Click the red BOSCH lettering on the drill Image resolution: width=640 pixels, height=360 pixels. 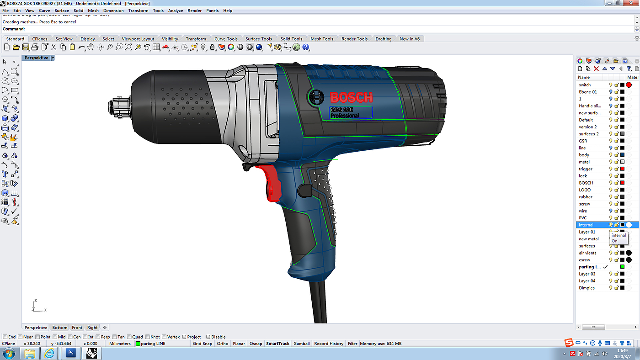point(351,98)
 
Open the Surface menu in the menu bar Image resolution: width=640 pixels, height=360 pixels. point(62,11)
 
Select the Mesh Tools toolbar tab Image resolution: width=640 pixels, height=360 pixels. point(322,39)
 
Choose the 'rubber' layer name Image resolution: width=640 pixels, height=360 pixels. point(586,197)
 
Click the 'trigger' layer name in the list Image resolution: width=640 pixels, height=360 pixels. point(586,169)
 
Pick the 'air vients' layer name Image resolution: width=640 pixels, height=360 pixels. point(587,253)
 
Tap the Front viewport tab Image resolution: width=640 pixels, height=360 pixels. point(77,328)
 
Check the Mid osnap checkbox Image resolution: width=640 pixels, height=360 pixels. point(55,337)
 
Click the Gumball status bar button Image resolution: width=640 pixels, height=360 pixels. point(301,344)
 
